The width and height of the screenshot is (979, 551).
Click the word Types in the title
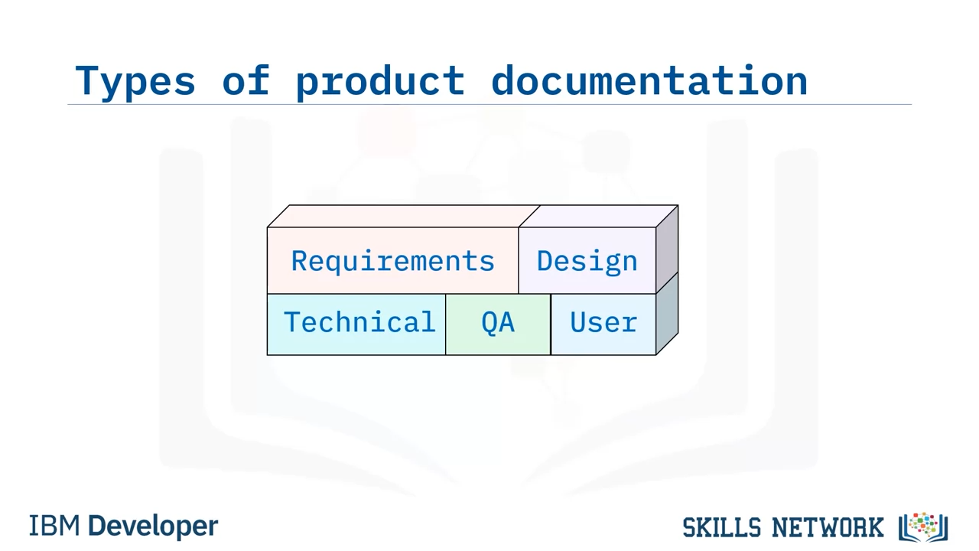pyautogui.click(x=135, y=81)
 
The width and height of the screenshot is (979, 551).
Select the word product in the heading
pyautogui.click(x=380, y=80)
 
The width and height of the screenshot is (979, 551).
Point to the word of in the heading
pyautogui.click(x=246, y=79)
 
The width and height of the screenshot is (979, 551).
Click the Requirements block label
pyautogui.click(x=393, y=262)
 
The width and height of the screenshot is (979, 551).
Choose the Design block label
pyautogui.click(x=587, y=262)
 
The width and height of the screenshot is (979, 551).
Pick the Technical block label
pyautogui.click(x=359, y=322)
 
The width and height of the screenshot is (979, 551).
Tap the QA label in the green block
pyautogui.click(x=498, y=323)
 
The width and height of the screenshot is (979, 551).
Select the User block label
pyautogui.click(x=603, y=322)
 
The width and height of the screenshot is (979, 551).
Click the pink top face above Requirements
pyautogui.click(x=403, y=216)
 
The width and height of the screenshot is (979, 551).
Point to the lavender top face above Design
pyautogui.click(x=598, y=216)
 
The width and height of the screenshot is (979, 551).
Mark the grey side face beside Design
pyautogui.click(x=667, y=249)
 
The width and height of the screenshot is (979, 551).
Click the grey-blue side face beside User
pyautogui.click(x=667, y=314)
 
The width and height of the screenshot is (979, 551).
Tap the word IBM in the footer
pyautogui.click(x=54, y=526)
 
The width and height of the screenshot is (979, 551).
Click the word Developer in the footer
pyautogui.click(x=153, y=527)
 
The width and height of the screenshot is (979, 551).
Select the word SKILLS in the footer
pyautogui.click(x=721, y=527)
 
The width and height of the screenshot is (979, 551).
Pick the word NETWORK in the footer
pyautogui.click(x=828, y=527)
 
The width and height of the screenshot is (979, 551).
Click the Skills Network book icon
pyautogui.click(x=923, y=527)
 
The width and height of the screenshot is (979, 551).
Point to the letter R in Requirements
pyautogui.click(x=300, y=261)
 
